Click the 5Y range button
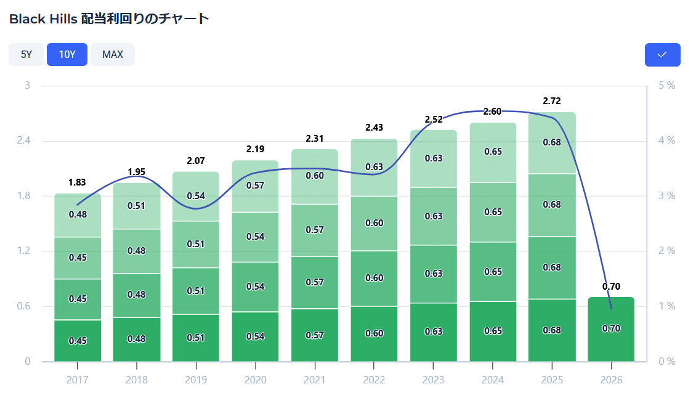point(26,54)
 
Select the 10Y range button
point(67,54)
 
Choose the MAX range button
point(113,54)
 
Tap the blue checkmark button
point(662,55)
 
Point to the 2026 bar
point(611,329)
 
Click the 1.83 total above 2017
point(77,182)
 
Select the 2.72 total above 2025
point(552,100)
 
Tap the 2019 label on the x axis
point(196,380)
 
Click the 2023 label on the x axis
point(434,380)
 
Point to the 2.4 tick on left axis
point(24,141)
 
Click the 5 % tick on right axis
point(666,85)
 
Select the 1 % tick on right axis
point(666,306)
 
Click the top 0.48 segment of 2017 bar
point(77,214)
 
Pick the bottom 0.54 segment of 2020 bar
point(255,336)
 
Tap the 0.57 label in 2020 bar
point(255,185)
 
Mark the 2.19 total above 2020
point(255,149)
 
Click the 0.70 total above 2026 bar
point(611,286)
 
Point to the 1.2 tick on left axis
point(24,251)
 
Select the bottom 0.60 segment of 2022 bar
point(374,333)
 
